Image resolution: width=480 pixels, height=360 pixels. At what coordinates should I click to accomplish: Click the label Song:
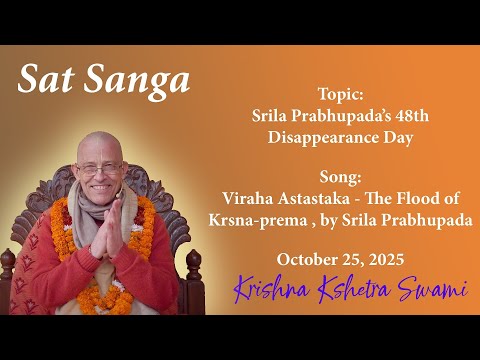coord(340,174)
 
